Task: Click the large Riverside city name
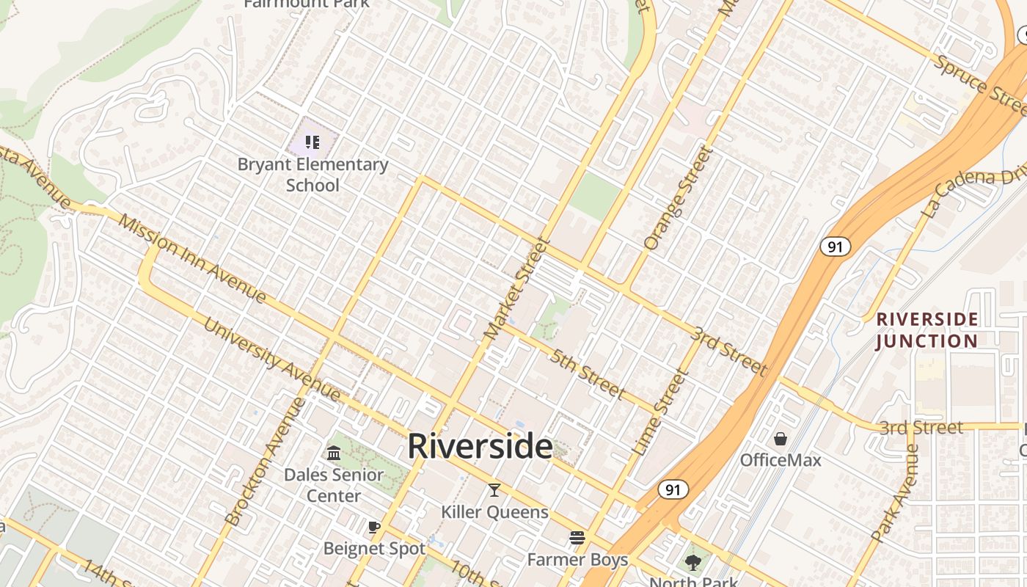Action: tap(480, 446)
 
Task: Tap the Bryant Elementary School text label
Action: tap(313, 175)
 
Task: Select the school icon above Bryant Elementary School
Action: tap(313, 142)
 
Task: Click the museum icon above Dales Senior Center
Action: tap(334, 452)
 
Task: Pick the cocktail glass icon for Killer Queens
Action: tap(494, 490)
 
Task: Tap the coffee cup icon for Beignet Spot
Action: tap(374, 527)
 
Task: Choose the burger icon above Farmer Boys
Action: tap(577, 538)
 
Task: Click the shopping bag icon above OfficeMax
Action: tap(781, 439)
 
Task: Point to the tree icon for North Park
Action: tap(692, 563)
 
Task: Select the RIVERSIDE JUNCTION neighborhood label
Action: tap(927, 330)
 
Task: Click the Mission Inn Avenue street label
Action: tap(192, 258)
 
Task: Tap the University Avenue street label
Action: tap(272, 360)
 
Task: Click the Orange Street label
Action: tap(679, 197)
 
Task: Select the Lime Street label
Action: tap(660, 412)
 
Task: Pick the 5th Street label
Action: tap(588, 374)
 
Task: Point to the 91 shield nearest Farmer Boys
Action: tap(673, 489)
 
